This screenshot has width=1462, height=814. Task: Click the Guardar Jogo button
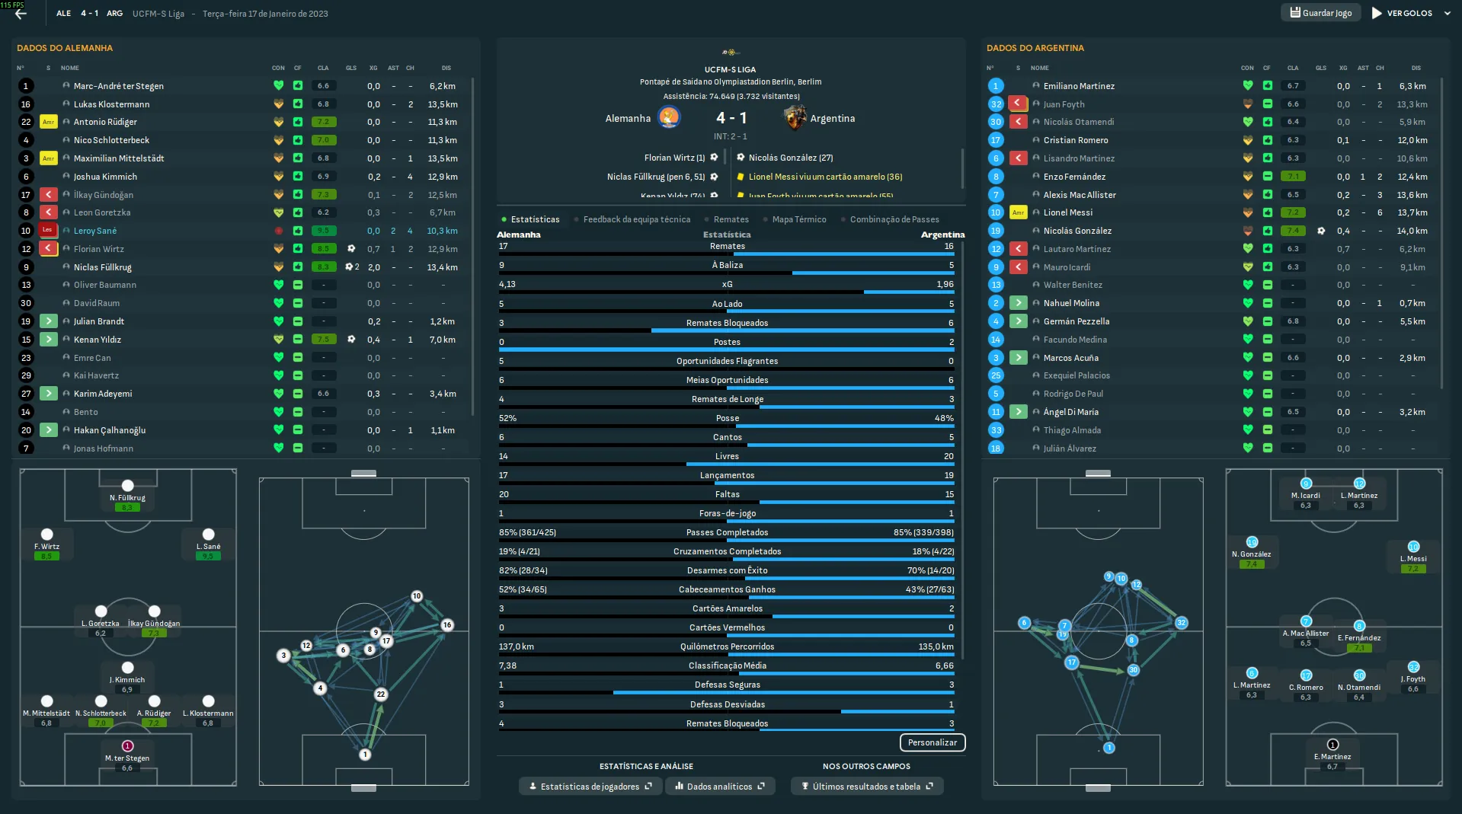[1320, 13]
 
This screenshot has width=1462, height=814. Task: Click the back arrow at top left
[21, 13]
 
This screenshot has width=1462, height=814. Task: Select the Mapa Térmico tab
[798, 219]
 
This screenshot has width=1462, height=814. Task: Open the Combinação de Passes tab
[894, 219]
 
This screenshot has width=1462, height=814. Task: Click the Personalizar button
[932, 742]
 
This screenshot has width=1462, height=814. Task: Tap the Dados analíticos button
[719, 787]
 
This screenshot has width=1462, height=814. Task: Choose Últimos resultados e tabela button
[866, 787]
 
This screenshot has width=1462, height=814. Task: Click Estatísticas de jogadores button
[590, 787]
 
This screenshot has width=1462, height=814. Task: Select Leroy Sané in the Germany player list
[95, 231]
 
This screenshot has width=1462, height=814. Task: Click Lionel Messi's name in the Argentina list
[1067, 212]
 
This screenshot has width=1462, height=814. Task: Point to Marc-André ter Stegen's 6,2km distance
[442, 86]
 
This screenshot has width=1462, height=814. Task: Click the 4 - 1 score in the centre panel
[731, 118]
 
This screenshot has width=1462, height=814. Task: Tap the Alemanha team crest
[669, 118]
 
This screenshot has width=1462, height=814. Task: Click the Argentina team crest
[795, 118]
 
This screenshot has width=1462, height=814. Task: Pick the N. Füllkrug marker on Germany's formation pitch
[127, 486]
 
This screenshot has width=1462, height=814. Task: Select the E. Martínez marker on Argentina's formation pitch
[1332, 745]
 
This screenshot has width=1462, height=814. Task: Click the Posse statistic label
[727, 418]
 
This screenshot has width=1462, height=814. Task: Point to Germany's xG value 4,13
[507, 284]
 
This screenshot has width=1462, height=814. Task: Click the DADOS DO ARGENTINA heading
[1035, 48]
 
